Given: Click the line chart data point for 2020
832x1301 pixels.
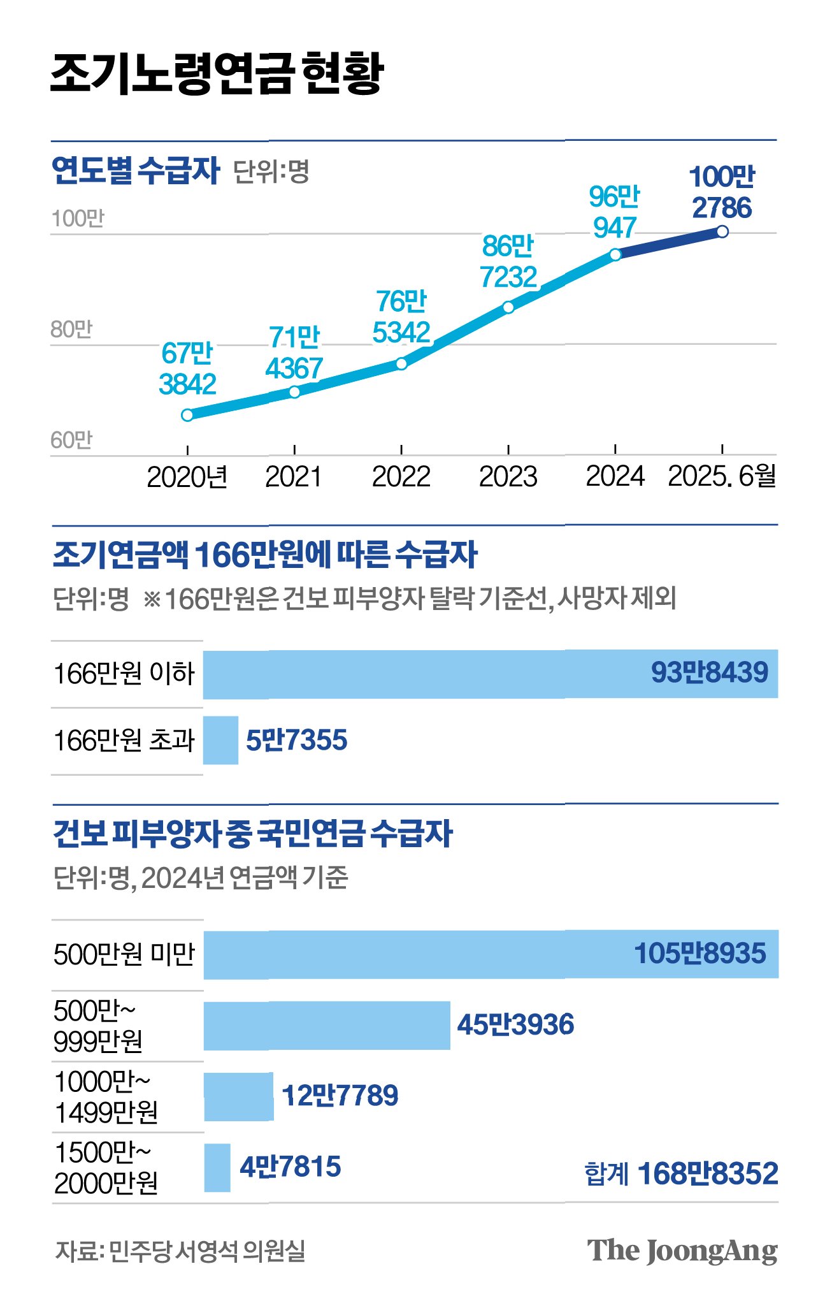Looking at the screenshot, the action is click(x=187, y=415).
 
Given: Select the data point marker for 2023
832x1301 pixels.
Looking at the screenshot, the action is click(x=508, y=307).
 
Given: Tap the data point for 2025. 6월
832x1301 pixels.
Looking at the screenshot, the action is click(x=722, y=231).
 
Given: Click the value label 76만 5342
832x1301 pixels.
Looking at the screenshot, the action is click(x=401, y=317).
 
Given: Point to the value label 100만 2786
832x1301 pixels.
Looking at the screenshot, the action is click(x=722, y=193).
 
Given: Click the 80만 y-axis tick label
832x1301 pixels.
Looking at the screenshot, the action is click(x=71, y=330).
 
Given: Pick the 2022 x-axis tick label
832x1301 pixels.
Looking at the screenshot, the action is click(x=401, y=476).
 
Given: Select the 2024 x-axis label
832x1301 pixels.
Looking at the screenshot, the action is click(x=615, y=476).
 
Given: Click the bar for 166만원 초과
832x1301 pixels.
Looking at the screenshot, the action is click(x=221, y=740).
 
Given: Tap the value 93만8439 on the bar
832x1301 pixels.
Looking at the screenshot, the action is click(x=710, y=672).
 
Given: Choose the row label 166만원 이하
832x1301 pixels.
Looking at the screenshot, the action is click(x=124, y=674).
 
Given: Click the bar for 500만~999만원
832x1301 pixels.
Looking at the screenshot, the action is click(x=327, y=1025).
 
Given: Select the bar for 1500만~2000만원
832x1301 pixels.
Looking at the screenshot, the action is click(x=217, y=1167).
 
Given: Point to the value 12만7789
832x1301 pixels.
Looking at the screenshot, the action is click(x=340, y=1096).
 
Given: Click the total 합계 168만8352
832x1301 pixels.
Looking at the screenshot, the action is click(x=682, y=1174).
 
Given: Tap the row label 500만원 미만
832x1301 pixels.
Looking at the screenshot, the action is click(x=124, y=954).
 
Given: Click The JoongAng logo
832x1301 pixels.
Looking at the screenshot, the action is click(x=682, y=1252).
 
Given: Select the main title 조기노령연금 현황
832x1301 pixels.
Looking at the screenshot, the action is click(x=217, y=73).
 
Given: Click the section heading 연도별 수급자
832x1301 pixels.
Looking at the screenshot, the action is click(x=136, y=171).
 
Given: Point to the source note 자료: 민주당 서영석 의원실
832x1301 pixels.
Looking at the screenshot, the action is click(x=180, y=1251).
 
